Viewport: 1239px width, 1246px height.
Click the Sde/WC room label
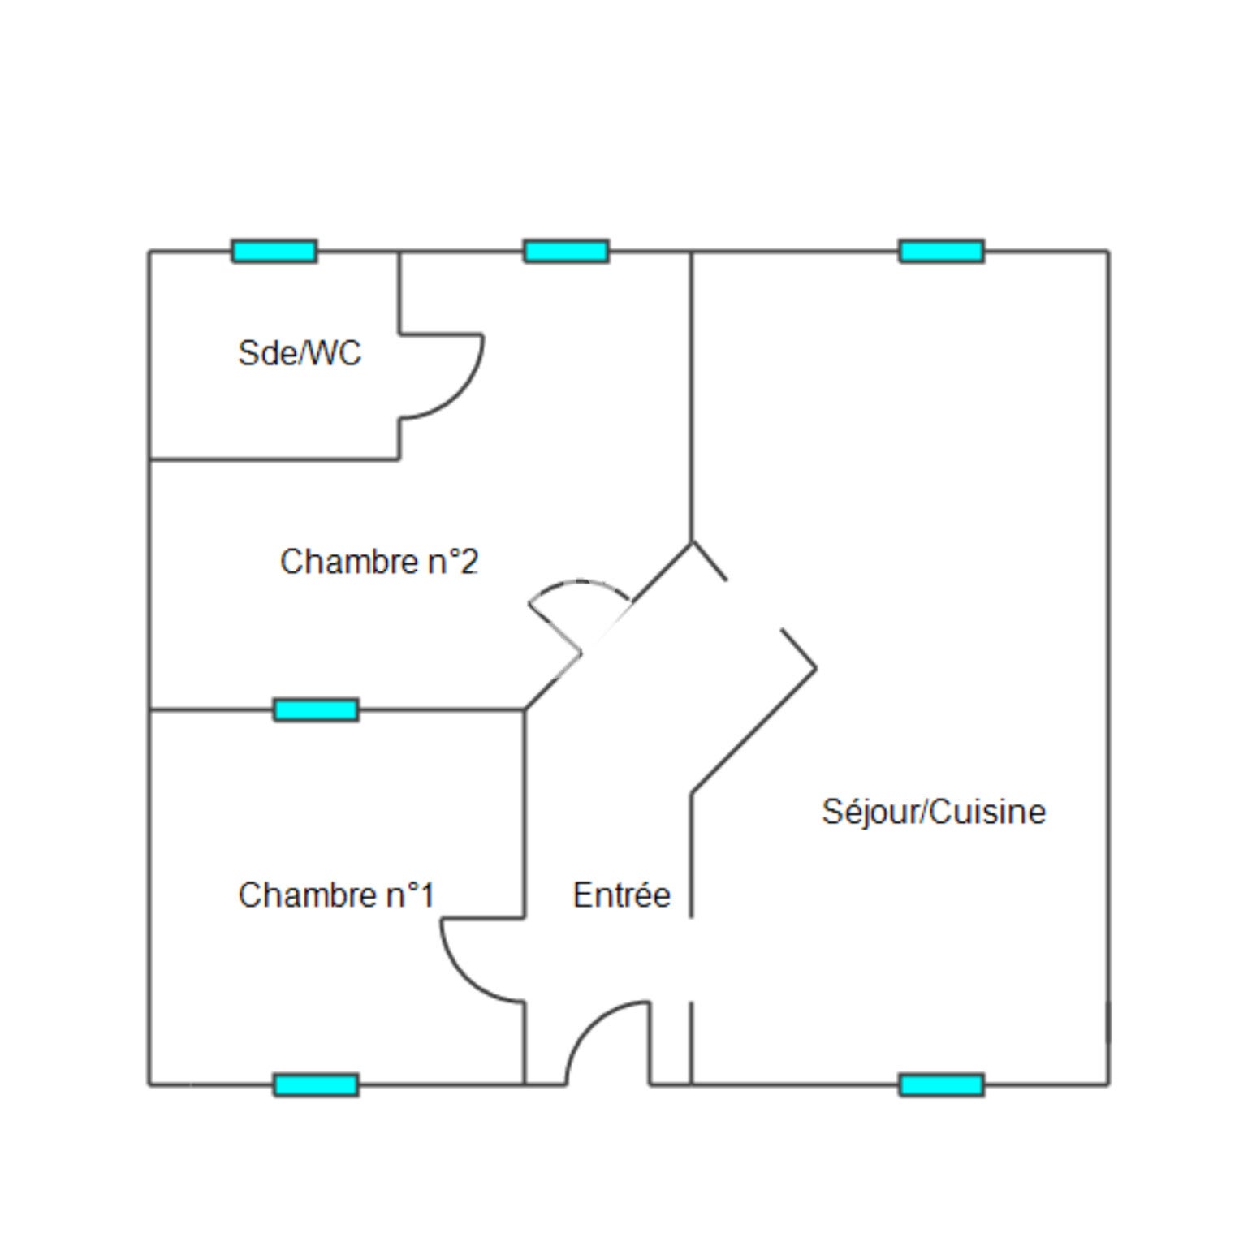pos(300,353)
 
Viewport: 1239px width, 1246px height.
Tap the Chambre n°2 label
pos(379,562)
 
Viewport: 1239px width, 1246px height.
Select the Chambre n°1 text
pos(336,895)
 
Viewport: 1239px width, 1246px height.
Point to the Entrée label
pos(622,895)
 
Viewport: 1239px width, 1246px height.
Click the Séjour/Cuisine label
pos(934,812)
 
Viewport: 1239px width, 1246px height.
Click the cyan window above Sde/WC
pos(274,251)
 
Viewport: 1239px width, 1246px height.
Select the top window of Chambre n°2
pos(566,251)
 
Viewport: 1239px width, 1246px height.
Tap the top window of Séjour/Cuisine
pos(942,251)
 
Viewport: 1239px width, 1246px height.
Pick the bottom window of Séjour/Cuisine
pos(942,1084)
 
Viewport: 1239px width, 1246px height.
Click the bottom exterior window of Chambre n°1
pos(316,1084)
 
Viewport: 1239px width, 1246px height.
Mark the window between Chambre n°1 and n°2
pos(316,709)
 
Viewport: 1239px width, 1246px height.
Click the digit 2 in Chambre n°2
pos(469,562)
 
